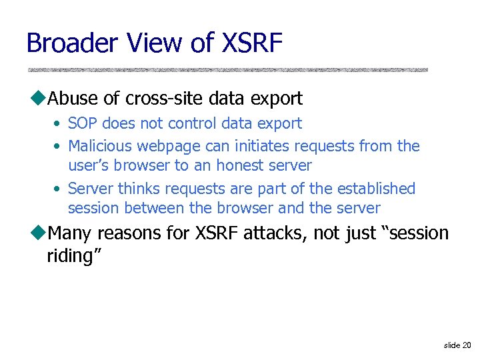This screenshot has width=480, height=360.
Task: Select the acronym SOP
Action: pos(83,123)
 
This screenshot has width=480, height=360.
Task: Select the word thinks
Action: pos(139,189)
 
